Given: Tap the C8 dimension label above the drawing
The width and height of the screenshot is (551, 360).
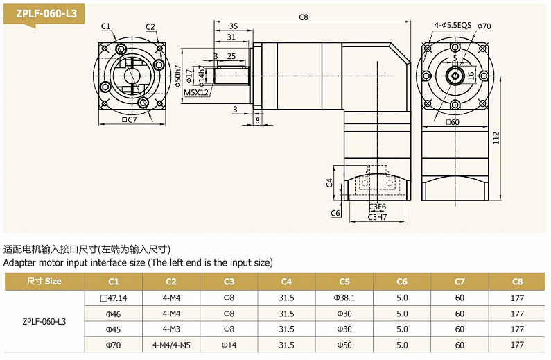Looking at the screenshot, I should [x=303, y=17].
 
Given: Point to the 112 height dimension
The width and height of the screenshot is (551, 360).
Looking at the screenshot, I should [x=516, y=138].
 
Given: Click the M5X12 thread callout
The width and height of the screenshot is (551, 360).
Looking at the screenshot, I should [x=196, y=92].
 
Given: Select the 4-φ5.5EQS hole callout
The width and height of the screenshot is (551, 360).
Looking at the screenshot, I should [x=453, y=26].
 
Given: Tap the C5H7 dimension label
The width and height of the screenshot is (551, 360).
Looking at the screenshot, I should [x=378, y=217].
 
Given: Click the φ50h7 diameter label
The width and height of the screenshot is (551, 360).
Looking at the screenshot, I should [x=178, y=75].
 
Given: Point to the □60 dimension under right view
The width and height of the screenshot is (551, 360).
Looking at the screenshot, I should [x=453, y=122].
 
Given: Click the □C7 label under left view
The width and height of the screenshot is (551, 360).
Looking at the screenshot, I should [x=130, y=119].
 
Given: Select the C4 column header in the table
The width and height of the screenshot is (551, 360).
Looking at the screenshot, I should [x=286, y=282].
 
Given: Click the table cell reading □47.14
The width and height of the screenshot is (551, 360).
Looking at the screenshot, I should [x=114, y=298].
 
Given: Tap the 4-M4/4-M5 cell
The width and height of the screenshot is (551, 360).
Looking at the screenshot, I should [x=171, y=345].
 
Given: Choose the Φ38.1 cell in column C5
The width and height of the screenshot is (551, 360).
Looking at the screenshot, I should [x=344, y=298].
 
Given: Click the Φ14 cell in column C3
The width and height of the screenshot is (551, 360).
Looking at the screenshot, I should [x=229, y=345].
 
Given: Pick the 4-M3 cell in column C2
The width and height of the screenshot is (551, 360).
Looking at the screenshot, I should [x=171, y=329].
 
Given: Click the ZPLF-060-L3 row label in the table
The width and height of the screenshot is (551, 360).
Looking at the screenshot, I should [x=44, y=321].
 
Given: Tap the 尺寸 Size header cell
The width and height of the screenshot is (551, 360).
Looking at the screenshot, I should [x=44, y=282].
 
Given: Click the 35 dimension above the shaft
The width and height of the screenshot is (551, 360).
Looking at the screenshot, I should [x=234, y=26].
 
